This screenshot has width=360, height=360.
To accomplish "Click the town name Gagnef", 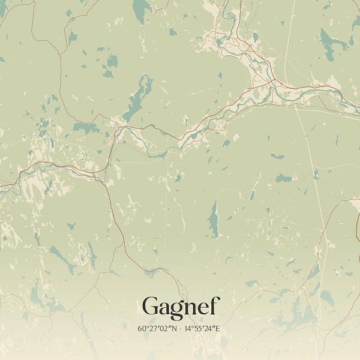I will point(181,307).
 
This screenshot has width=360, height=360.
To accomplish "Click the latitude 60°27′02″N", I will point(156,328).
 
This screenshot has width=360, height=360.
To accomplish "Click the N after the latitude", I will point(172,328).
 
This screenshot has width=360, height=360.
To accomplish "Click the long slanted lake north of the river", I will point(138,98).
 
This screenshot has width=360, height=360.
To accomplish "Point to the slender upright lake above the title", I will point(214,219).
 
